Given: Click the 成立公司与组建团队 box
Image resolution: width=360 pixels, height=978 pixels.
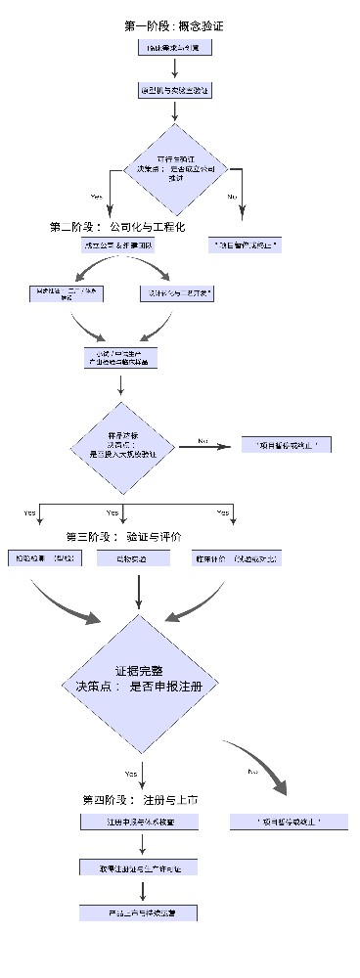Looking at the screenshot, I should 120,246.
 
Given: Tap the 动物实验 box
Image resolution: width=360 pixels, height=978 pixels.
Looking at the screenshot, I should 141,557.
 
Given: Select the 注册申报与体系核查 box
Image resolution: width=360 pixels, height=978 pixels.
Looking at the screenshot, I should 141,822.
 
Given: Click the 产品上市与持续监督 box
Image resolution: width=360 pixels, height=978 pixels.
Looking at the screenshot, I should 141,911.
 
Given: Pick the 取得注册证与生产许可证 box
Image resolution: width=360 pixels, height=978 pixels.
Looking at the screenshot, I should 141,867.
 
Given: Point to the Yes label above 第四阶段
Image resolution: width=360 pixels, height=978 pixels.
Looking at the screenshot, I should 129,772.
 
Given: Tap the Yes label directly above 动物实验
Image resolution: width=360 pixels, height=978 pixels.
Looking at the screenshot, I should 112,512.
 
